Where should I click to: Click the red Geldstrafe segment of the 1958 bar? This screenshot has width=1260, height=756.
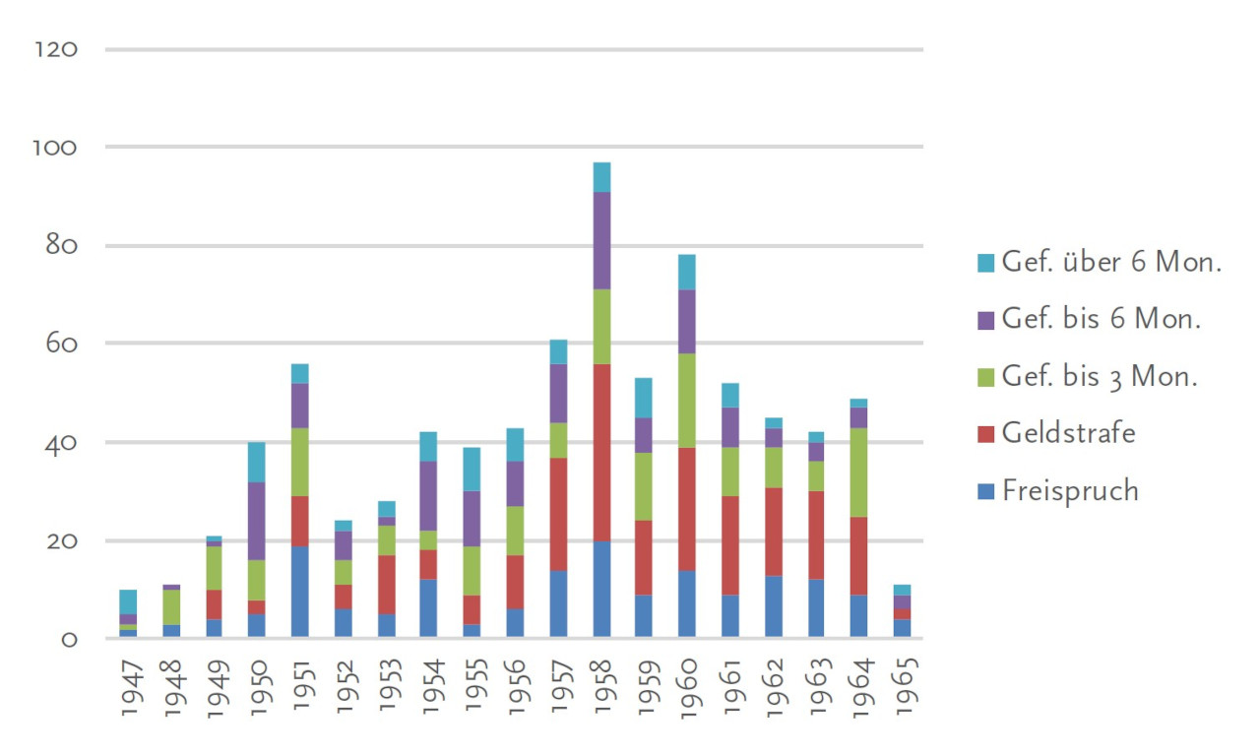coord(601,452)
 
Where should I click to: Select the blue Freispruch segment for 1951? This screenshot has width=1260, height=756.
coord(299,592)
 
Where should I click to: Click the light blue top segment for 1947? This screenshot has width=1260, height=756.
coord(128,601)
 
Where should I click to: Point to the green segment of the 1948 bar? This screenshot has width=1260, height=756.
coord(171,606)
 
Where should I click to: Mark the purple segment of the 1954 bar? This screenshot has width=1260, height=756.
coord(428,496)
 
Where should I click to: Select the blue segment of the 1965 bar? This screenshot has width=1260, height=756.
coord(902,627)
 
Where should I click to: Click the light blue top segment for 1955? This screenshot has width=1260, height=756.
coord(472,469)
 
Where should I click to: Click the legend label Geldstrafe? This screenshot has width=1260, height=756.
coord(1068,433)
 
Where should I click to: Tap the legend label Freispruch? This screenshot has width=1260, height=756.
coord(1070,490)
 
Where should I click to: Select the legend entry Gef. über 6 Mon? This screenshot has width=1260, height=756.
coord(1111,262)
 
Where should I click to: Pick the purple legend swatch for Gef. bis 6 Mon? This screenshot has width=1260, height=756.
coord(984,320)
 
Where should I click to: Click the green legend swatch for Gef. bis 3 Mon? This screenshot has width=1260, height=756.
coord(984,377)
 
